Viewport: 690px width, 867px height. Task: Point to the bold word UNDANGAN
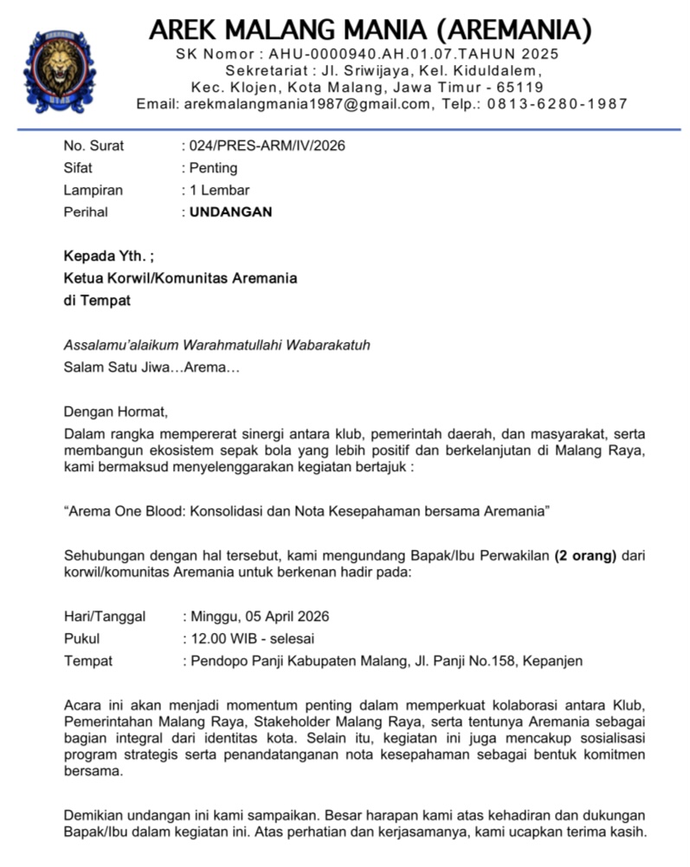[x=230, y=211]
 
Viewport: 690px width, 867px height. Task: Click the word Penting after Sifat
[x=213, y=168]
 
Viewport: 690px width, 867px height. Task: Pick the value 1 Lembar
[x=220, y=190]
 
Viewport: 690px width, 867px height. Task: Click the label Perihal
[x=86, y=211]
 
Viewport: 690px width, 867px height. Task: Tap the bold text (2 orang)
[x=585, y=555]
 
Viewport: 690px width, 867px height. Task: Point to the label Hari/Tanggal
[x=105, y=617]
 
